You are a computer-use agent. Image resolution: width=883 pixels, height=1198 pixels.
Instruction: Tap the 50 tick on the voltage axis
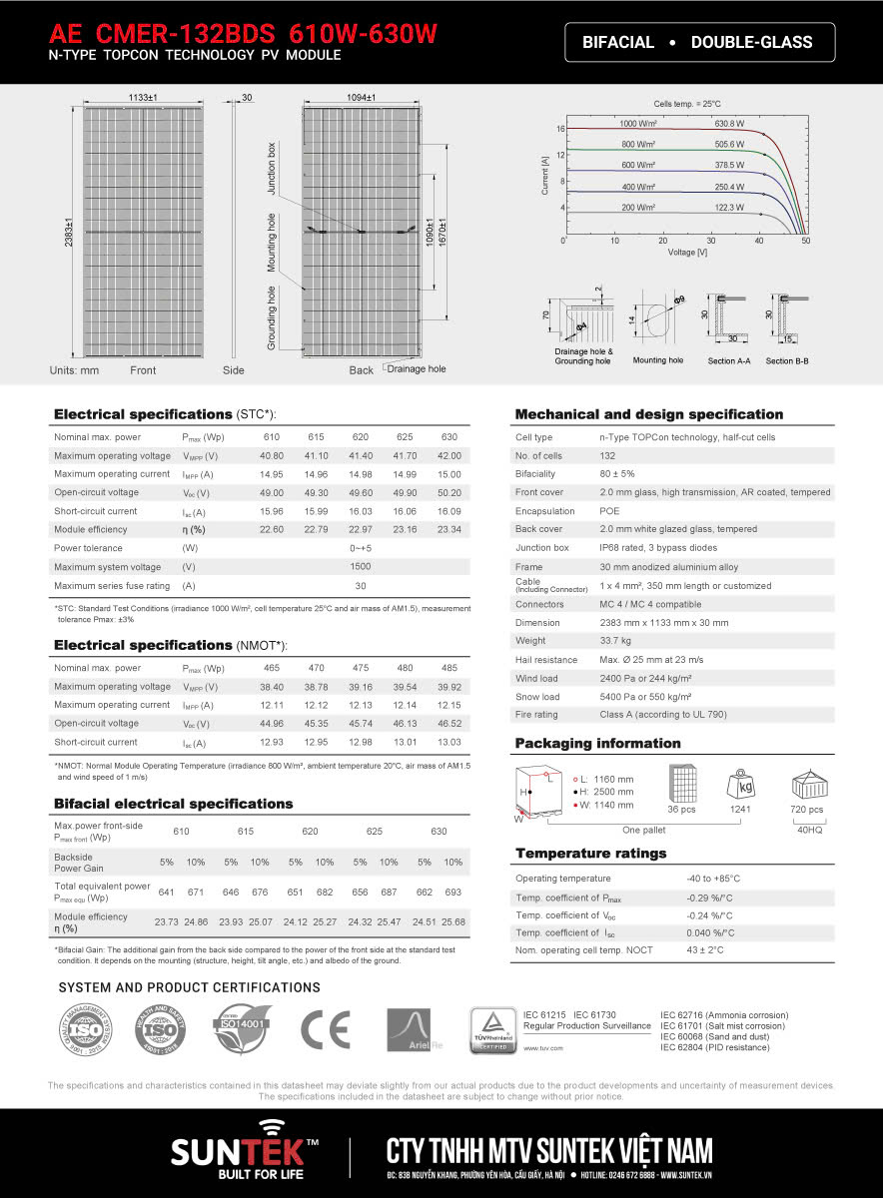click(x=805, y=241)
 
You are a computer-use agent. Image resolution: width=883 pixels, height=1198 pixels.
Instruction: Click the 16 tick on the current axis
click(x=561, y=130)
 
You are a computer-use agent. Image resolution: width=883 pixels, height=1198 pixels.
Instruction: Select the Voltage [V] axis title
click(x=687, y=253)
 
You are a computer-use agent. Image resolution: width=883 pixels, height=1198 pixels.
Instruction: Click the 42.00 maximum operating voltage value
click(x=448, y=455)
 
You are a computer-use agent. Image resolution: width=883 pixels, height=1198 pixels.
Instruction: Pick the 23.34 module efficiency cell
click(x=448, y=529)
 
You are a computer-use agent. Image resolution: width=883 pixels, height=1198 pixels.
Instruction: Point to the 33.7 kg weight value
click(x=615, y=641)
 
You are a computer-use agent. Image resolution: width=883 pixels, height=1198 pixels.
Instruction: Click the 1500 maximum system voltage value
click(x=361, y=566)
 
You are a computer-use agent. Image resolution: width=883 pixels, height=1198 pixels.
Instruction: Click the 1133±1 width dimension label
click(x=144, y=97)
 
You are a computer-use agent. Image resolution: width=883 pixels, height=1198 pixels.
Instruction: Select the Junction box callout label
click(x=271, y=168)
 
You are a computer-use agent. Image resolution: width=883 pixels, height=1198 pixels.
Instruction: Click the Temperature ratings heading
click(x=590, y=854)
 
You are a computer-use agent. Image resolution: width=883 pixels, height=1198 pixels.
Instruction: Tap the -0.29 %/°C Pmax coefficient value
click(x=710, y=897)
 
